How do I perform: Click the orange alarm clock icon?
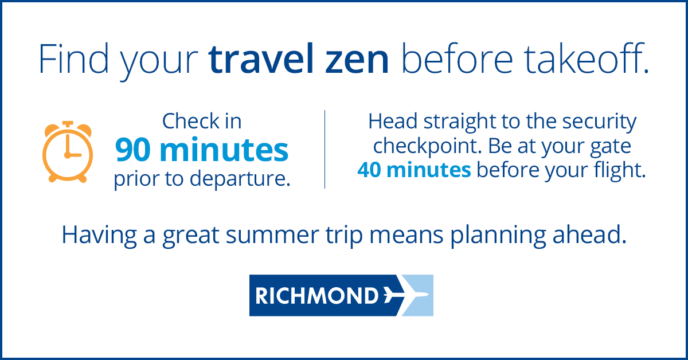[x=68, y=151]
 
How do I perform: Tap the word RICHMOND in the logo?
[x=317, y=295]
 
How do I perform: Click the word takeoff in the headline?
[x=586, y=58]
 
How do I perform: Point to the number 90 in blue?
[x=135, y=150]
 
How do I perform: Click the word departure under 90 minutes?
[x=240, y=179]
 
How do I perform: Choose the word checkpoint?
[x=428, y=147]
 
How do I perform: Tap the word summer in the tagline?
[x=272, y=236]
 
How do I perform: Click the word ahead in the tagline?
[x=589, y=234]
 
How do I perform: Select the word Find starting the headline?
[x=74, y=58]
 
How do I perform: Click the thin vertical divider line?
[x=325, y=149]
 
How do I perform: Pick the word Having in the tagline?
[x=99, y=236]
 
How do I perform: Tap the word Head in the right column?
[x=393, y=121]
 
